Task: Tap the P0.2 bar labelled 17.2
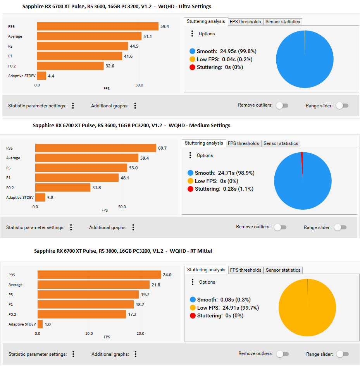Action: click(x=82, y=314)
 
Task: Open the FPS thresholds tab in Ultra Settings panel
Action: click(x=245, y=22)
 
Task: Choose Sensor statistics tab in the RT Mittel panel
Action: click(x=283, y=270)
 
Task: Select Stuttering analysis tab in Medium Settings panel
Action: click(x=204, y=143)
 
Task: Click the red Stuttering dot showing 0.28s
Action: click(x=190, y=189)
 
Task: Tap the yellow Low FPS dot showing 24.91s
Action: click(x=193, y=308)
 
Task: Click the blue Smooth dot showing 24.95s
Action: click(x=192, y=51)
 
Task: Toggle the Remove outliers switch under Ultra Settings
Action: click(x=282, y=106)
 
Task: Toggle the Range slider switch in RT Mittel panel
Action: click(x=343, y=354)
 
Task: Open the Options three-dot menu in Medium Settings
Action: click(x=190, y=155)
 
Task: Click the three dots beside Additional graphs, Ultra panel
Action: click(x=135, y=106)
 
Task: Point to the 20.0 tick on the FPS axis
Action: click(x=140, y=333)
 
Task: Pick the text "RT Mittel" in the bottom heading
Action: click(x=201, y=251)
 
